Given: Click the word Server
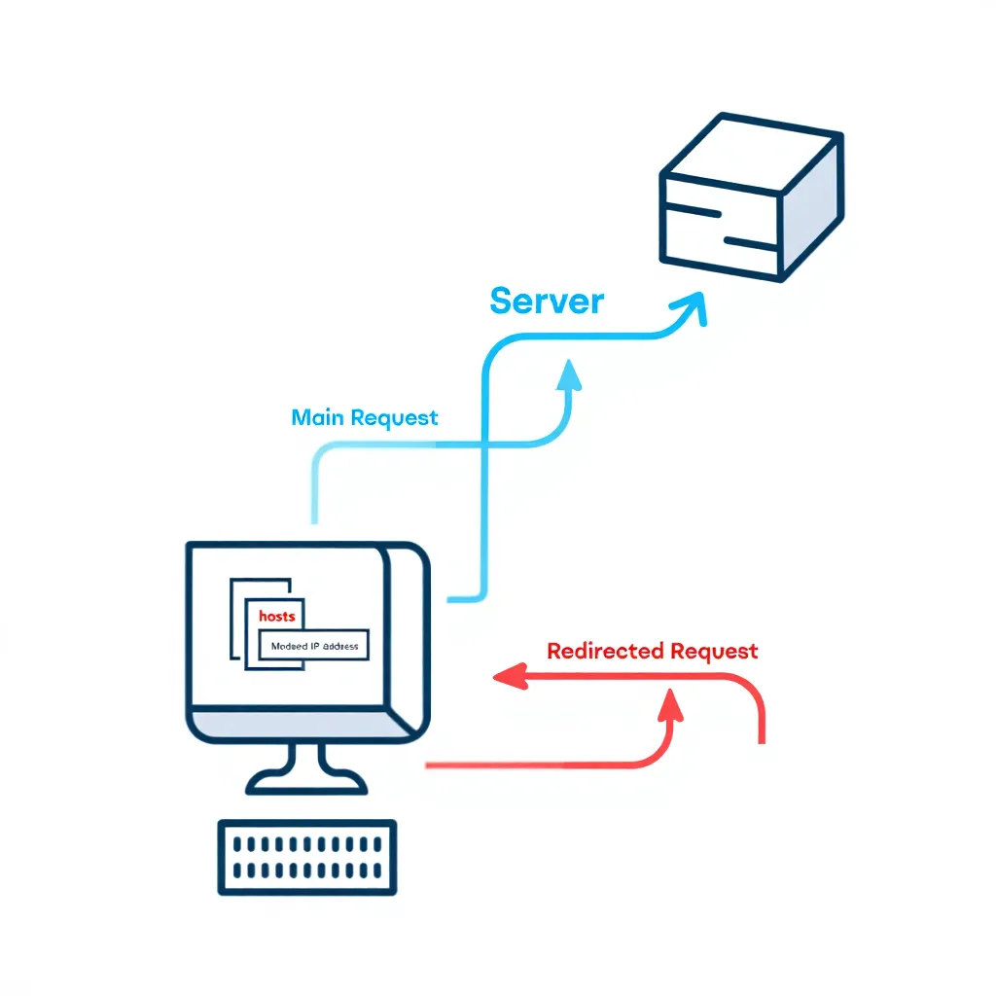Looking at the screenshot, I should [x=547, y=301].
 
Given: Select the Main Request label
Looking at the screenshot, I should [x=365, y=418].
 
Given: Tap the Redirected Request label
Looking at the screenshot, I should [x=652, y=651].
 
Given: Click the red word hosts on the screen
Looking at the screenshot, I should [x=277, y=617].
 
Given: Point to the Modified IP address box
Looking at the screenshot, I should [x=313, y=646].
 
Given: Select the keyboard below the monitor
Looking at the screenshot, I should [x=306, y=857].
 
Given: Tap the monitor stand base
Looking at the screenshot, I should [x=306, y=780].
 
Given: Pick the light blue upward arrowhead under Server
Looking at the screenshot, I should [x=568, y=375].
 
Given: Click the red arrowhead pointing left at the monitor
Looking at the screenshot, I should [x=506, y=676].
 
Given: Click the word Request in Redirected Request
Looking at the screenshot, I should [x=710, y=651].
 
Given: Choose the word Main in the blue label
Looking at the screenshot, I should [x=318, y=418].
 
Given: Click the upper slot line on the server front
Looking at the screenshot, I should [x=693, y=212].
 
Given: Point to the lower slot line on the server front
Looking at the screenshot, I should [x=749, y=241].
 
